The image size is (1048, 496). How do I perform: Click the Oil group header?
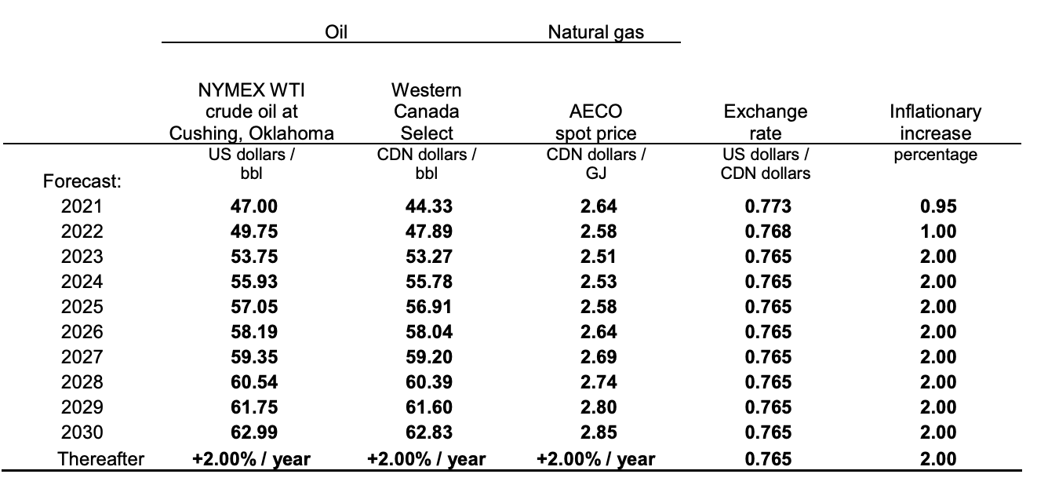coord(337,32)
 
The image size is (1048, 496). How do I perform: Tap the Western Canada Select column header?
coord(428,111)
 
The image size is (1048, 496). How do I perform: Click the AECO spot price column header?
coord(596,122)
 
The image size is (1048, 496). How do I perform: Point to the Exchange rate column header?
coord(765,122)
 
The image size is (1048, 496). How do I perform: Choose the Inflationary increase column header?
coord(935,122)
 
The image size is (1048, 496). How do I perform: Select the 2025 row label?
coord(82,307)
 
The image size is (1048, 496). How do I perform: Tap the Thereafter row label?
coord(102,458)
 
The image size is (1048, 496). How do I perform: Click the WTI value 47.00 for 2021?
coord(252,206)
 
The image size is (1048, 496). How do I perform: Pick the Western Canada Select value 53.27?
coord(428,257)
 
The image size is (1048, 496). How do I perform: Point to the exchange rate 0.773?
coord(766,206)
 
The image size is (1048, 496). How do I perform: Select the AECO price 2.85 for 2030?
coord(597,432)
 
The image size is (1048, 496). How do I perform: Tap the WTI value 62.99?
coord(252,432)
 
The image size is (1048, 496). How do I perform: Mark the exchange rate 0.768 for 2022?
coord(766,232)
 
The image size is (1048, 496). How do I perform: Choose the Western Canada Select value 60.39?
coord(428,382)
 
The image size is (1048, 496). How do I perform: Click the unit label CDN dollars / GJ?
coord(596,163)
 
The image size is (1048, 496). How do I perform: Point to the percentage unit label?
coord(935,155)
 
